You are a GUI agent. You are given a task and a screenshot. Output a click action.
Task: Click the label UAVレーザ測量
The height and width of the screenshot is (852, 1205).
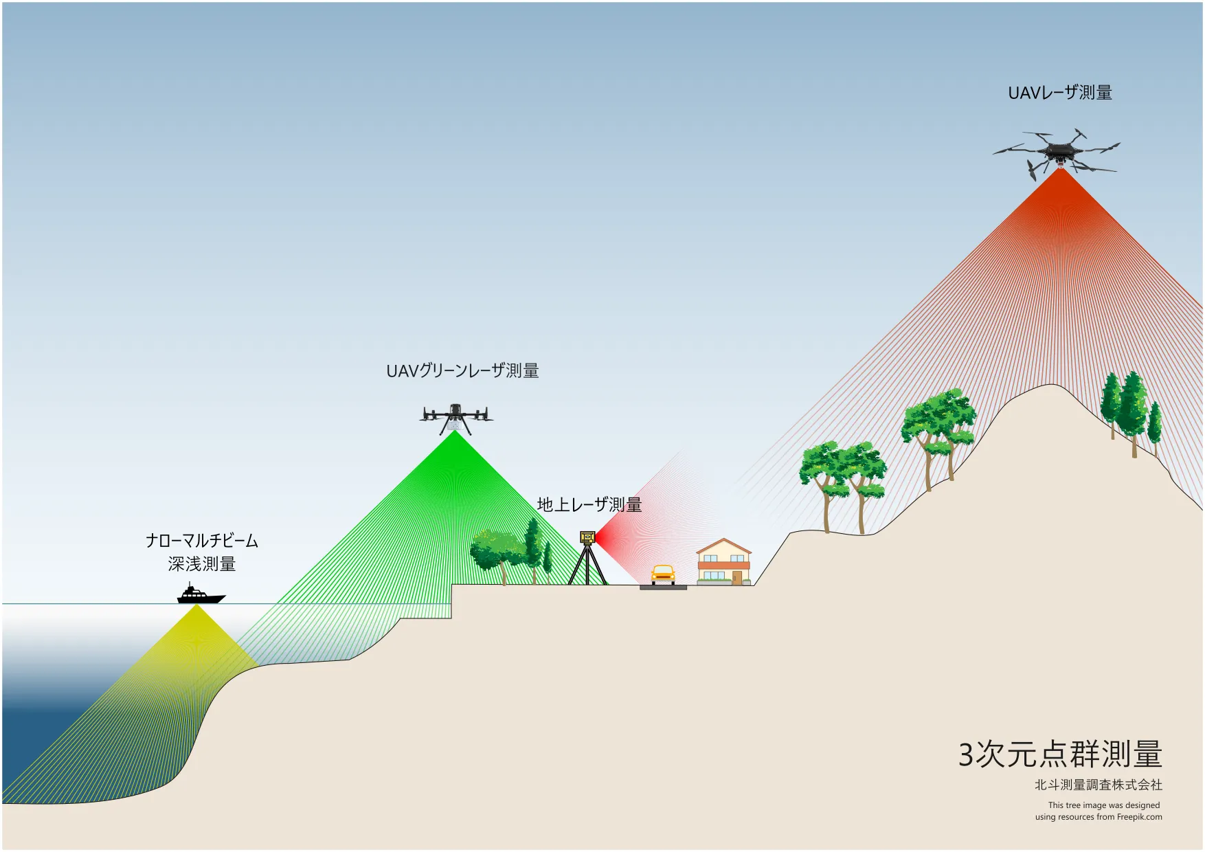[1060, 93]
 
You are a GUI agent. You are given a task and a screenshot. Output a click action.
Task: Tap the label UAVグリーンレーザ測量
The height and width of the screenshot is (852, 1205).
[462, 371]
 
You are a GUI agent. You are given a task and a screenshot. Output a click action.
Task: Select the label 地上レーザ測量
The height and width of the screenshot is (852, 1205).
[589, 505]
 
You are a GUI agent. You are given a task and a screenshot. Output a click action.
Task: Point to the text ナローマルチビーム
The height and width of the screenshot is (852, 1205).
[202, 541]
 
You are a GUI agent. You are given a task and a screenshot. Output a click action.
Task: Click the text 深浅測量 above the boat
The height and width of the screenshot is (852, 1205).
[202, 564]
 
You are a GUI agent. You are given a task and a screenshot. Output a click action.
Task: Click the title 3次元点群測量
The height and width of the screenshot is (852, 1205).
[1060, 754]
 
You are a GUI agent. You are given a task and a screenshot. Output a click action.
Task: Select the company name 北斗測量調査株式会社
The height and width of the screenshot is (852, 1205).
[1099, 785]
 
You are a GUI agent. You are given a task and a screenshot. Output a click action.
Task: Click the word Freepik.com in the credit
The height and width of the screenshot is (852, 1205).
[1140, 817]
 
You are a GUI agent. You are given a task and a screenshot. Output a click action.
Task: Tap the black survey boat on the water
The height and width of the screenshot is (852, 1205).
[201, 595]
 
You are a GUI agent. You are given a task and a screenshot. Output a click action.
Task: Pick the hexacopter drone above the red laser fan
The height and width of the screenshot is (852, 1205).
[1057, 153]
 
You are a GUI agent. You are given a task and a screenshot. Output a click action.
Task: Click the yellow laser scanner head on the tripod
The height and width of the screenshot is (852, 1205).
[587, 537]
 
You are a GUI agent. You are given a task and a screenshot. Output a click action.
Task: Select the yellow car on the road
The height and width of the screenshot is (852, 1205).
[663, 575]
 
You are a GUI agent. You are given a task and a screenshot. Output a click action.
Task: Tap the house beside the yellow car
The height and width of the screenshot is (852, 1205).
[724, 562]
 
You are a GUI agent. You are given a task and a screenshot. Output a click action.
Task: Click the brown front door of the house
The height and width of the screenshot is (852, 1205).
[736, 578]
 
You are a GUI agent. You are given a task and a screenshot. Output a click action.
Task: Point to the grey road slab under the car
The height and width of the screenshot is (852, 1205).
[663, 588]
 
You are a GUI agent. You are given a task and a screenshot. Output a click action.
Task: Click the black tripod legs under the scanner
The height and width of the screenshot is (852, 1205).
[587, 565]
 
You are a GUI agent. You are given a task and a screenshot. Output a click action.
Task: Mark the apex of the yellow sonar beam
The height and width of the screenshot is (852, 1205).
[197, 605]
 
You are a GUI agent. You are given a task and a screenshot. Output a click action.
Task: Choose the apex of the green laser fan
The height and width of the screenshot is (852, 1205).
[455, 431]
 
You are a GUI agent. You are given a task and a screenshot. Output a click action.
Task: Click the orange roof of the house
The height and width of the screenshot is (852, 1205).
[724, 547]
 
